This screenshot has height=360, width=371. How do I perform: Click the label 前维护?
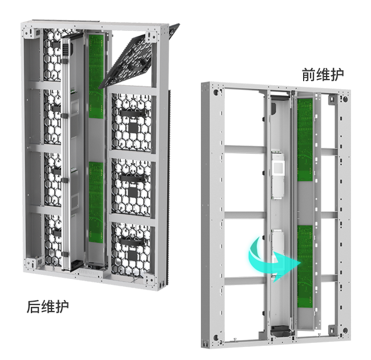click(x=322, y=75)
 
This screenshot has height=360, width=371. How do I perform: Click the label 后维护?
click(x=47, y=307)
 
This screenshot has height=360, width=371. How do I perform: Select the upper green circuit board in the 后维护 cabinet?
click(x=96, y=76)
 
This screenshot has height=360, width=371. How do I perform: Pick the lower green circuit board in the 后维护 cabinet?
click(x=96, y=202)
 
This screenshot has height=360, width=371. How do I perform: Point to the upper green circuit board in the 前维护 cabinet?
click(x=305, y=140)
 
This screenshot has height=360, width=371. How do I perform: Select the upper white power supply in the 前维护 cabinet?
click(x=278, y=174)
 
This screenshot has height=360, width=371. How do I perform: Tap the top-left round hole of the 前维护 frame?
click(x=216, y=92)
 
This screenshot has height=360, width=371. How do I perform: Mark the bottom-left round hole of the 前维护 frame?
click(x=216, y=337)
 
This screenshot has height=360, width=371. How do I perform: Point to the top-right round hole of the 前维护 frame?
click(x=345, y=99)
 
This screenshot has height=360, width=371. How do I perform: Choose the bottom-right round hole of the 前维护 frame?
click(x=345, y=330)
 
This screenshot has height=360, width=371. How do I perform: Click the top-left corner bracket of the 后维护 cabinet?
click(x=32, y=33)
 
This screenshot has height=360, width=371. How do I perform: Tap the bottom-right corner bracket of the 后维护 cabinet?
click(x=151, y=280)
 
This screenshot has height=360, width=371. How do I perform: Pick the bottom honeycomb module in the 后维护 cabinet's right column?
click(x=131, y=250)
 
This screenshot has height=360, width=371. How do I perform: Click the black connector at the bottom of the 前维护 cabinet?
click(x=280, y=331)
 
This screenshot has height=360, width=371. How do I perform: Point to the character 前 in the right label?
click(x=309, y=75)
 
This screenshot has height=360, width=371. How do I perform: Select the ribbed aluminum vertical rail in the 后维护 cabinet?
click(x=65, y=154)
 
